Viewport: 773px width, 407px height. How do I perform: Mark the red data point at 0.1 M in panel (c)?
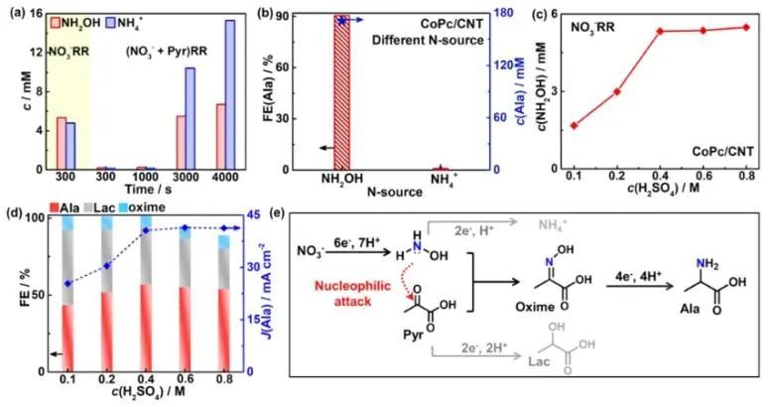[575, 126]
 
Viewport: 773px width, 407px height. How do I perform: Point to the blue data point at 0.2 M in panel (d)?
[109, 266]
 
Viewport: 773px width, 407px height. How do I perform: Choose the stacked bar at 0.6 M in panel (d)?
[184, 295]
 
